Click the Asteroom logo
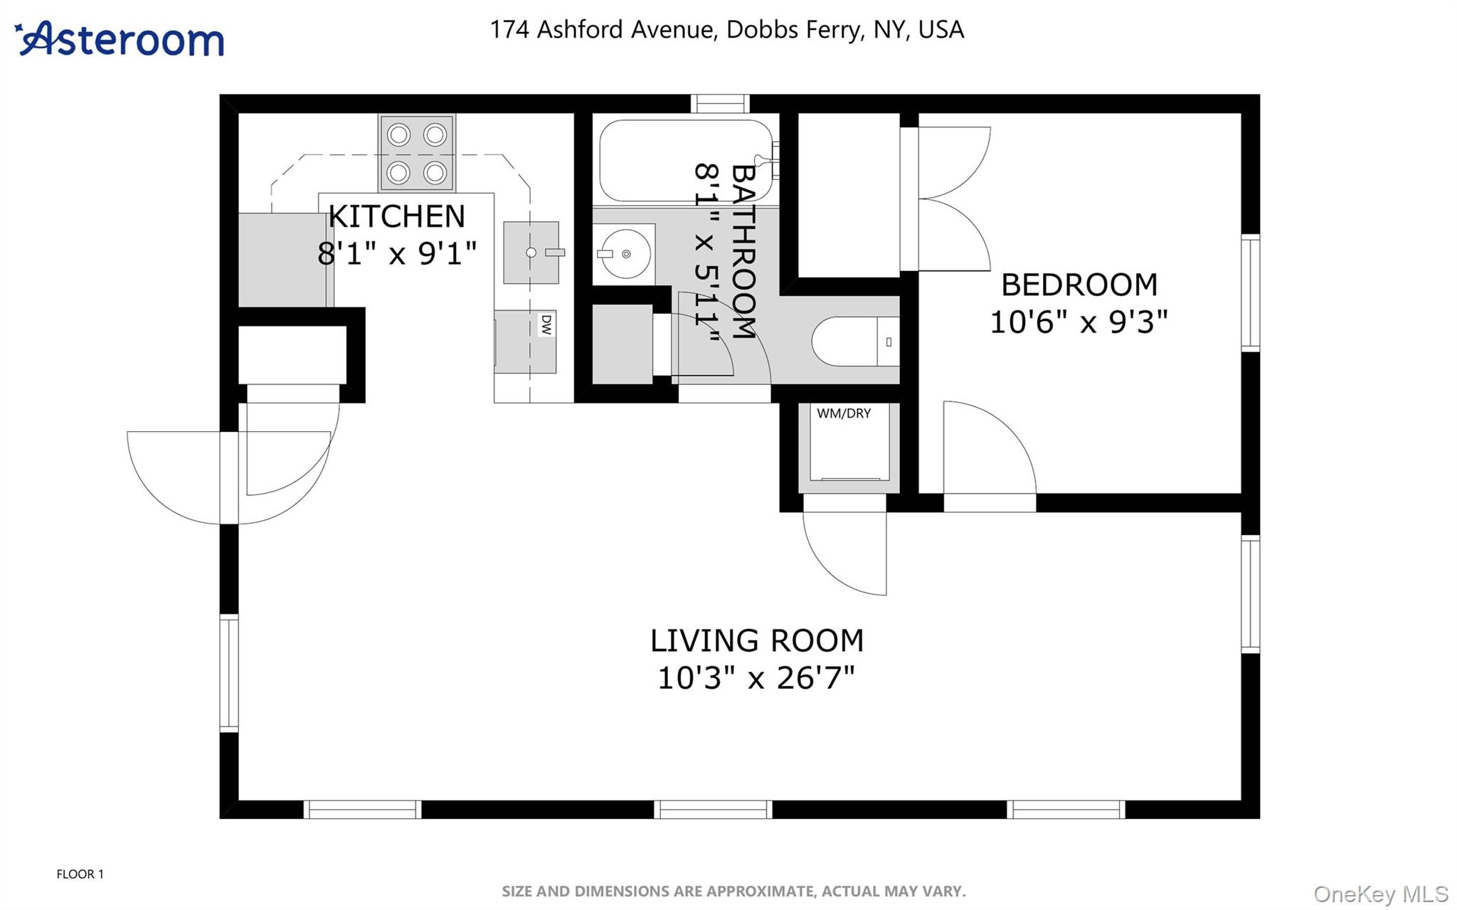tap(120, 39)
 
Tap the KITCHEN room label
tap(396, 216)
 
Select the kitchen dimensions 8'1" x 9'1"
tap(396, 253)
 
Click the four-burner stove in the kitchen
tap(417, 153)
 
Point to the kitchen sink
tap(531, 253)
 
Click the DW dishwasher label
tap(546, 325)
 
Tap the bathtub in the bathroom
tap(683, 161)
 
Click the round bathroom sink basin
tap(625, 254)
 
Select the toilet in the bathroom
tap(854, 342)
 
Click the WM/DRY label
tap(844, 413)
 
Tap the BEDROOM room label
tap(1079, 285)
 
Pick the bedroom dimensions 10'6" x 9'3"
tap(1079, 322)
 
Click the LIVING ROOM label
tap(756, 640)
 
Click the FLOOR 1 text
tap(80, 874)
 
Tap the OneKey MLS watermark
tap(1380, 894)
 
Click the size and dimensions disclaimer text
tap(733, 891)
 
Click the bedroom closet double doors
tap(952, 199)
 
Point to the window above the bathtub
tap(719, 104)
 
